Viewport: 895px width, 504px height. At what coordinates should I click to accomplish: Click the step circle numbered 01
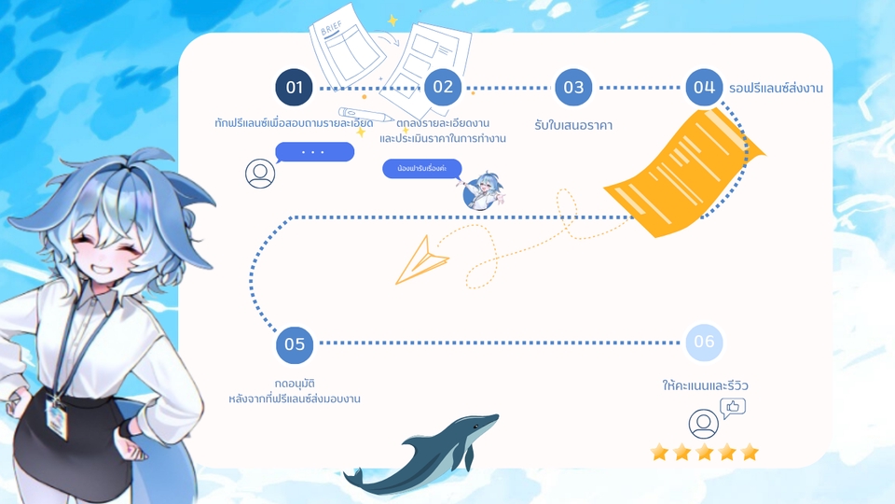294,88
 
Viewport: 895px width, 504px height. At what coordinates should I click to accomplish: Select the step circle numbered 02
443,88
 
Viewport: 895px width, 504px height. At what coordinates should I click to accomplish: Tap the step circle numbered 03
573,88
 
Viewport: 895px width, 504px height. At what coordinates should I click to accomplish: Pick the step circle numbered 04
704,88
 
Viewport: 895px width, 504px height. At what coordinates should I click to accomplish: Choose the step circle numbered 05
295,344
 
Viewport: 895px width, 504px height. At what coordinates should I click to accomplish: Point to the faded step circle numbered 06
704,343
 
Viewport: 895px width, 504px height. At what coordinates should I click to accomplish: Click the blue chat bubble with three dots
314,151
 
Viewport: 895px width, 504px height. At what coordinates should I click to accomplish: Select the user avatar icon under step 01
260,174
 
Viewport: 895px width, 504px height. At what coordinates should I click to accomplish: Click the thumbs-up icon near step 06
733,407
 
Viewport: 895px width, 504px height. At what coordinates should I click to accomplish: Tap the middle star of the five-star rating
705,453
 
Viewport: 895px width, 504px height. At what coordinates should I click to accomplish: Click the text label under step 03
573,125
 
